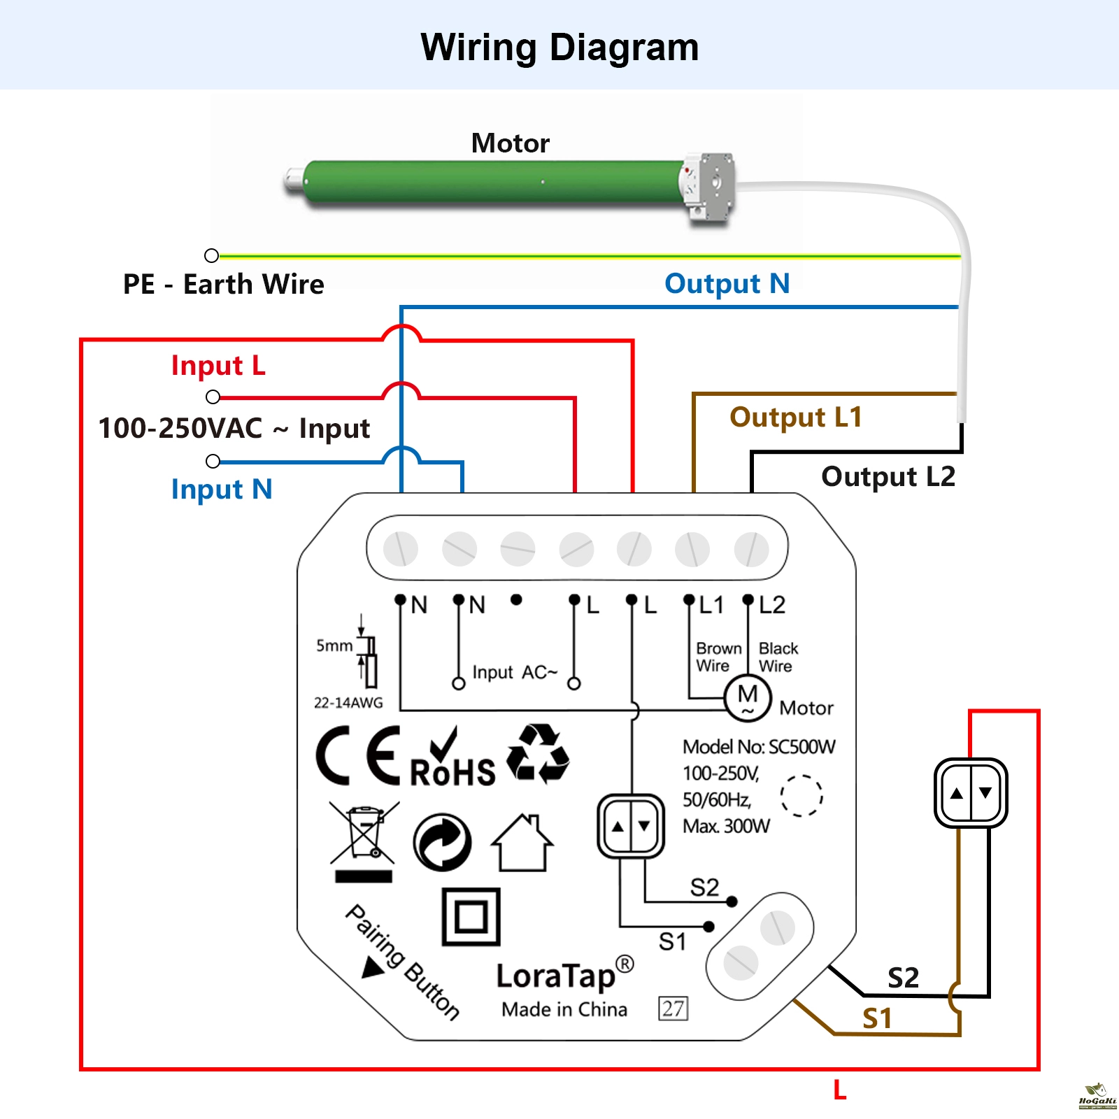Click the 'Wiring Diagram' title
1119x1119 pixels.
559,48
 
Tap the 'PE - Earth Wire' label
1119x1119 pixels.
224,285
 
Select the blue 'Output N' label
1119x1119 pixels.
727,284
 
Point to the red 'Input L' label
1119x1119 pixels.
218,366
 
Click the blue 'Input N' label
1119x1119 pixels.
221,490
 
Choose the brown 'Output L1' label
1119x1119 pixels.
796,418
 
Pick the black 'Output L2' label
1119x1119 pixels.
888,477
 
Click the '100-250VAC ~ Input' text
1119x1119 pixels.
234,429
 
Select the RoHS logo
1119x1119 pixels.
452,759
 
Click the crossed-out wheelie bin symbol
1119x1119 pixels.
364,839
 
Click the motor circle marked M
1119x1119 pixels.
748,697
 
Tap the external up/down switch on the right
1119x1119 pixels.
971,793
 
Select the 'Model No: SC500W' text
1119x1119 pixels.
759,747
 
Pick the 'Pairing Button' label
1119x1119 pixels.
402,962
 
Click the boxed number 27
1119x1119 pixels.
673,1008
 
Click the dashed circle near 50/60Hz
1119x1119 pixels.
801,796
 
